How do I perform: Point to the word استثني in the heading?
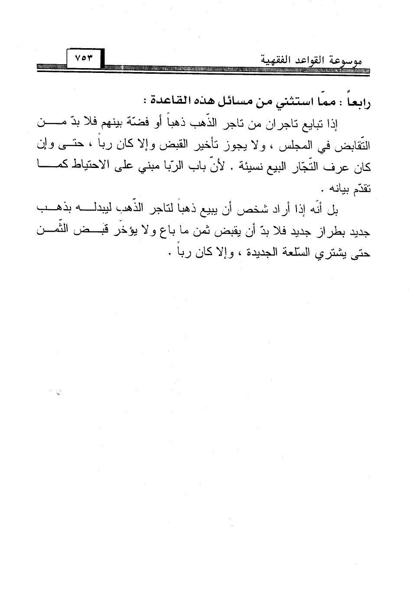click(x=295, y=104)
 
